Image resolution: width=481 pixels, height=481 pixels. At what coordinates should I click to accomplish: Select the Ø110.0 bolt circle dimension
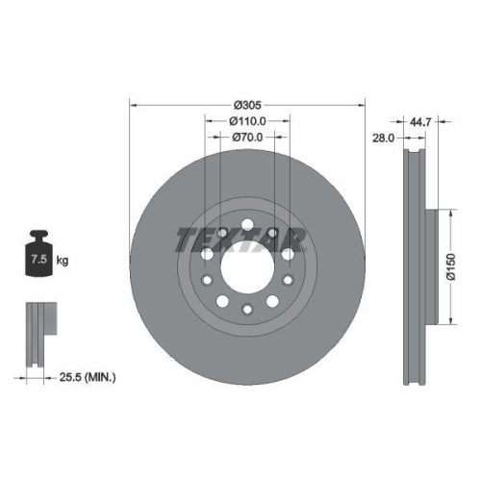(247, 121)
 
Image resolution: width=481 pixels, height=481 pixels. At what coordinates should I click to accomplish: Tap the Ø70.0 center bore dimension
(247, 137)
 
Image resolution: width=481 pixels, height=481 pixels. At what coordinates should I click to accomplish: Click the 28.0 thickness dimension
(385, 139)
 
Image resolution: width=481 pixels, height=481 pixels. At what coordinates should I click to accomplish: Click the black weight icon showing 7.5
(38, 256)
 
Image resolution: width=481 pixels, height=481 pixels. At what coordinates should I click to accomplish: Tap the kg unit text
(64, 261)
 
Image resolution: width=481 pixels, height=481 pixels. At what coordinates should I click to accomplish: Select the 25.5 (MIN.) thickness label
(87, 379)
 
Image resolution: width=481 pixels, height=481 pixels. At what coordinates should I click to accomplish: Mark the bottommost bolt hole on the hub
(247, 309)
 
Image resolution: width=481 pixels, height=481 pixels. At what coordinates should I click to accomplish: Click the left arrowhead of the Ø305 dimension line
(132, 105)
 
